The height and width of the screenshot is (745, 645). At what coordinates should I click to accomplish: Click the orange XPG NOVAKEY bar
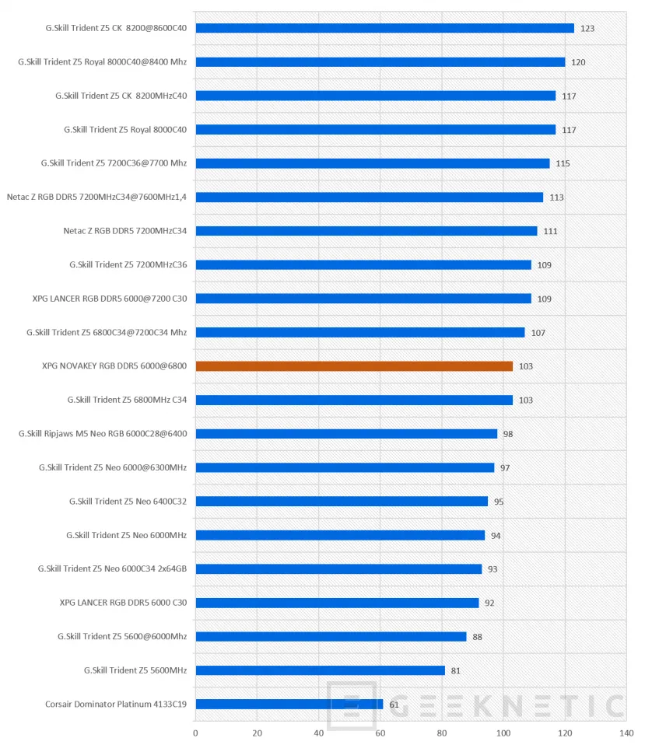[354, 366]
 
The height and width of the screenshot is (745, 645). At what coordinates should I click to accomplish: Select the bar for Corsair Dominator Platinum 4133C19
[289, 704]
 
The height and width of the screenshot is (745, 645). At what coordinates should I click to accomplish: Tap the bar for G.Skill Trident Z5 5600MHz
[321, 670]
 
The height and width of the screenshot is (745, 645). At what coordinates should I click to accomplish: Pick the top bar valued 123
[385, 28]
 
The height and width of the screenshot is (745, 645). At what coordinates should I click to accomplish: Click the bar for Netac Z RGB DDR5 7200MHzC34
[366, 231]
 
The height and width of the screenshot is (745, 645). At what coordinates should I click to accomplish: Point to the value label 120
[578, 62]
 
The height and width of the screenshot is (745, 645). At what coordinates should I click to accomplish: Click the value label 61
[394, 705]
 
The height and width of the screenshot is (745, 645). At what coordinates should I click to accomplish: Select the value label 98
[508, 434]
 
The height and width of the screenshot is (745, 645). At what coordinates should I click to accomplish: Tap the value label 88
[477, 637]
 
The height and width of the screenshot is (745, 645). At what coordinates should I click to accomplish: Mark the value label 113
[556, 198]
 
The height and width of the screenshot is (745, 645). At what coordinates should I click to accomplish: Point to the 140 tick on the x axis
[626, 733]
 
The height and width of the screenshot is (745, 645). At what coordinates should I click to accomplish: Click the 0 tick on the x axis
[195, 733]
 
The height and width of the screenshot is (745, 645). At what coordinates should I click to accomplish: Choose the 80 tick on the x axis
[442, 733]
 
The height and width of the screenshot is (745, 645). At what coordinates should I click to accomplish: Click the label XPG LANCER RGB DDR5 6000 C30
[123, 603]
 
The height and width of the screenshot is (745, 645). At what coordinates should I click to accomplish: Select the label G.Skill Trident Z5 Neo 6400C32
[128, 502]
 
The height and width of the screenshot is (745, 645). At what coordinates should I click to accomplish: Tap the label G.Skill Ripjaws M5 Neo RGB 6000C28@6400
[103, 434]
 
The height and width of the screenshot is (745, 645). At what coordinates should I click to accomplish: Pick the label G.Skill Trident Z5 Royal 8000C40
[125, 130]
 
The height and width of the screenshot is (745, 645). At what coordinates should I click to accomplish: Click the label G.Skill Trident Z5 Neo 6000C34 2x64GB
[112, 568]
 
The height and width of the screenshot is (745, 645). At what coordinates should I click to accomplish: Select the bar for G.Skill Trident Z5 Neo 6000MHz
[340, 536]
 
